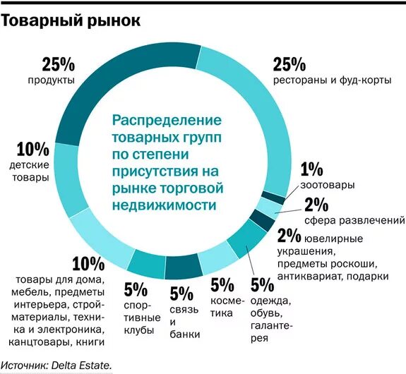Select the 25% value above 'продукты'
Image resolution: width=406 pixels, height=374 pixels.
[59, 65]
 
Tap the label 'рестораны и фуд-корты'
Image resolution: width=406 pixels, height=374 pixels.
[331, 81]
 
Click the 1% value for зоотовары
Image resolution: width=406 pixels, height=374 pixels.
[311, 169]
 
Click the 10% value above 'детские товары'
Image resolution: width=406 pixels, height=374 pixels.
[32, 149]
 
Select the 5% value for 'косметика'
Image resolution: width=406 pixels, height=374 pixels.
[222, 286]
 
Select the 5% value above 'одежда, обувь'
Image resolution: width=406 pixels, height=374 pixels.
[261, 286]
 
